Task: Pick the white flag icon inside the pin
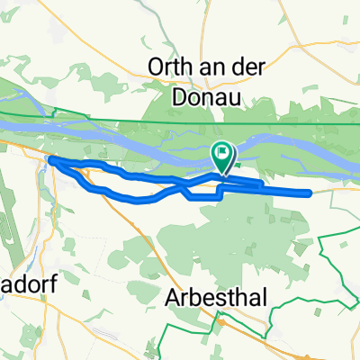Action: (222, 154)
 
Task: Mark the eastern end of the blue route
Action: (310, 193)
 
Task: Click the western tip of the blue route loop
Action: (50, 160)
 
